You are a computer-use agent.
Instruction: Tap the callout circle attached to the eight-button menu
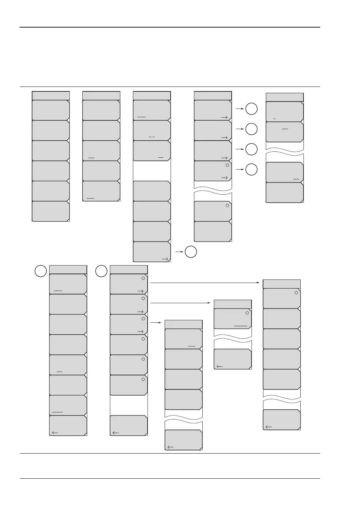(40, 271)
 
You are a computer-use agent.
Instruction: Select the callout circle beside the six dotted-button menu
(101, 271)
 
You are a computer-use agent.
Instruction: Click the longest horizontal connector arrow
(205, 283)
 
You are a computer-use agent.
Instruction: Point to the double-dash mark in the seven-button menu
(151, 137)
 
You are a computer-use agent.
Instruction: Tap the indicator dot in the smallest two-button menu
(247, 313)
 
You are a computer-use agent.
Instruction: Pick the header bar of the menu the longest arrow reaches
(282, 284)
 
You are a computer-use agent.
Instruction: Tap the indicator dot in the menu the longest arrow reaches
(296, 293)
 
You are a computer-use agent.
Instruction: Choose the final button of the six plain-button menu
(51, 211)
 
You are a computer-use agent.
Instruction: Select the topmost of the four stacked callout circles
(251, 109)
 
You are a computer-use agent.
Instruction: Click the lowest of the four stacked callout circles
(251, 170)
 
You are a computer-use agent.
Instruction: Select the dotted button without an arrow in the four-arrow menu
(213, 211)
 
